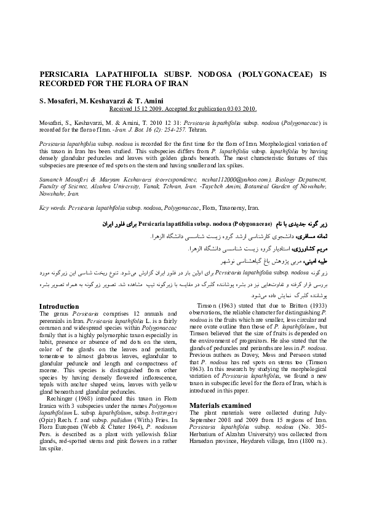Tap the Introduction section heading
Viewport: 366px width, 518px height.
pyautogui.click(x=58, y=306)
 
